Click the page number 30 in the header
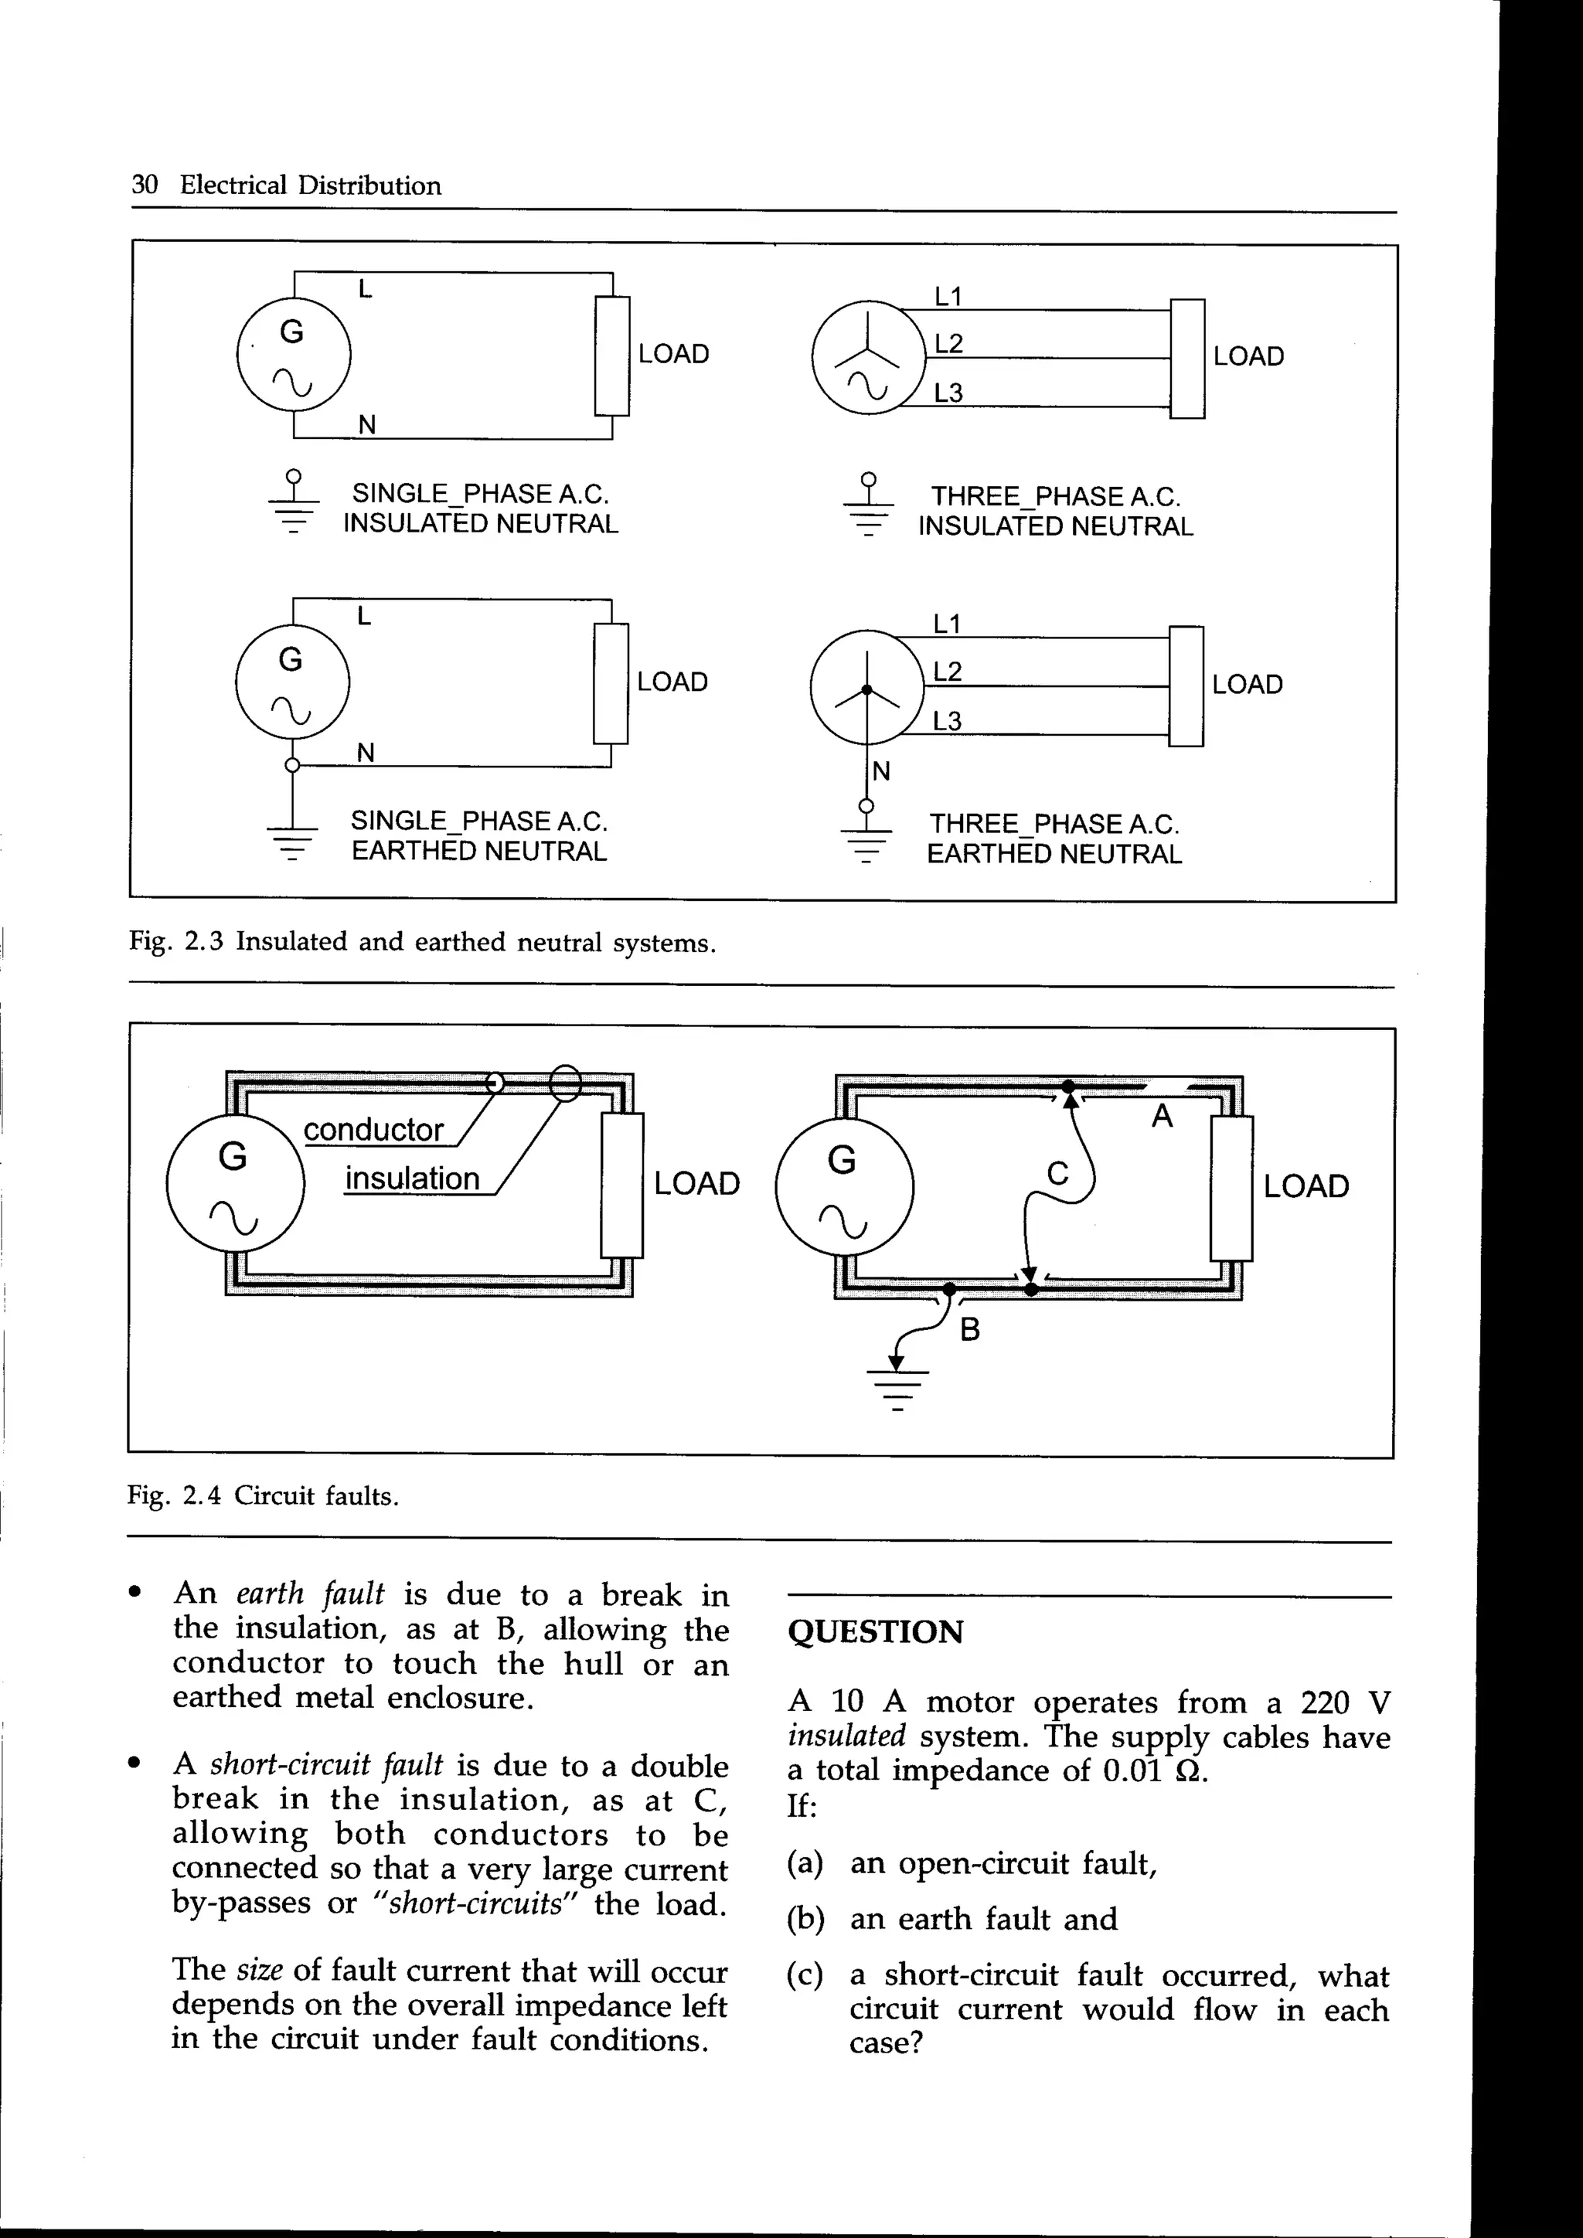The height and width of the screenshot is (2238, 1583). [x=145, y=185]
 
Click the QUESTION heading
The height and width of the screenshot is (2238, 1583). [x=874, y=1631]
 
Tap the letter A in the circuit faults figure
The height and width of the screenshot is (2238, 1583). [x=1161, y=1115]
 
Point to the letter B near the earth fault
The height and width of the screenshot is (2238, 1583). [x=969, y=1329]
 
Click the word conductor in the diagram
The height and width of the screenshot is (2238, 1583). [x=373, y=1130]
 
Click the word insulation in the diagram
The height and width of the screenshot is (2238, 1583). [x=411, y=1179]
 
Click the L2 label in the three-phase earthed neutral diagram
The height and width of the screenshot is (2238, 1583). [x=947, y=672]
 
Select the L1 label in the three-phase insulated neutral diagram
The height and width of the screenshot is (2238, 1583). [x=948, y=296]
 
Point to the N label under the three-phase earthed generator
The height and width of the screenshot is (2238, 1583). [x=881, y=772]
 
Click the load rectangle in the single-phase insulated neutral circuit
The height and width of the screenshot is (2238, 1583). [x=612, y=355]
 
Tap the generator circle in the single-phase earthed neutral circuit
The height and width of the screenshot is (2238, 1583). [x=291, y=682]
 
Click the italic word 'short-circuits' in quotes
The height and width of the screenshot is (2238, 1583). [x=478, y=1903]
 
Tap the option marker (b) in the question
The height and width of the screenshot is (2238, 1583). [x=805, y=1920]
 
